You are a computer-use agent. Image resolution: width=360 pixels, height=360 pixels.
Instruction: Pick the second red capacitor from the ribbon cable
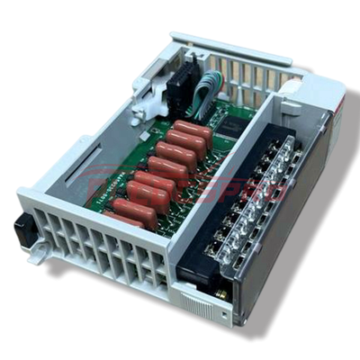click(x=184, y=143)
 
